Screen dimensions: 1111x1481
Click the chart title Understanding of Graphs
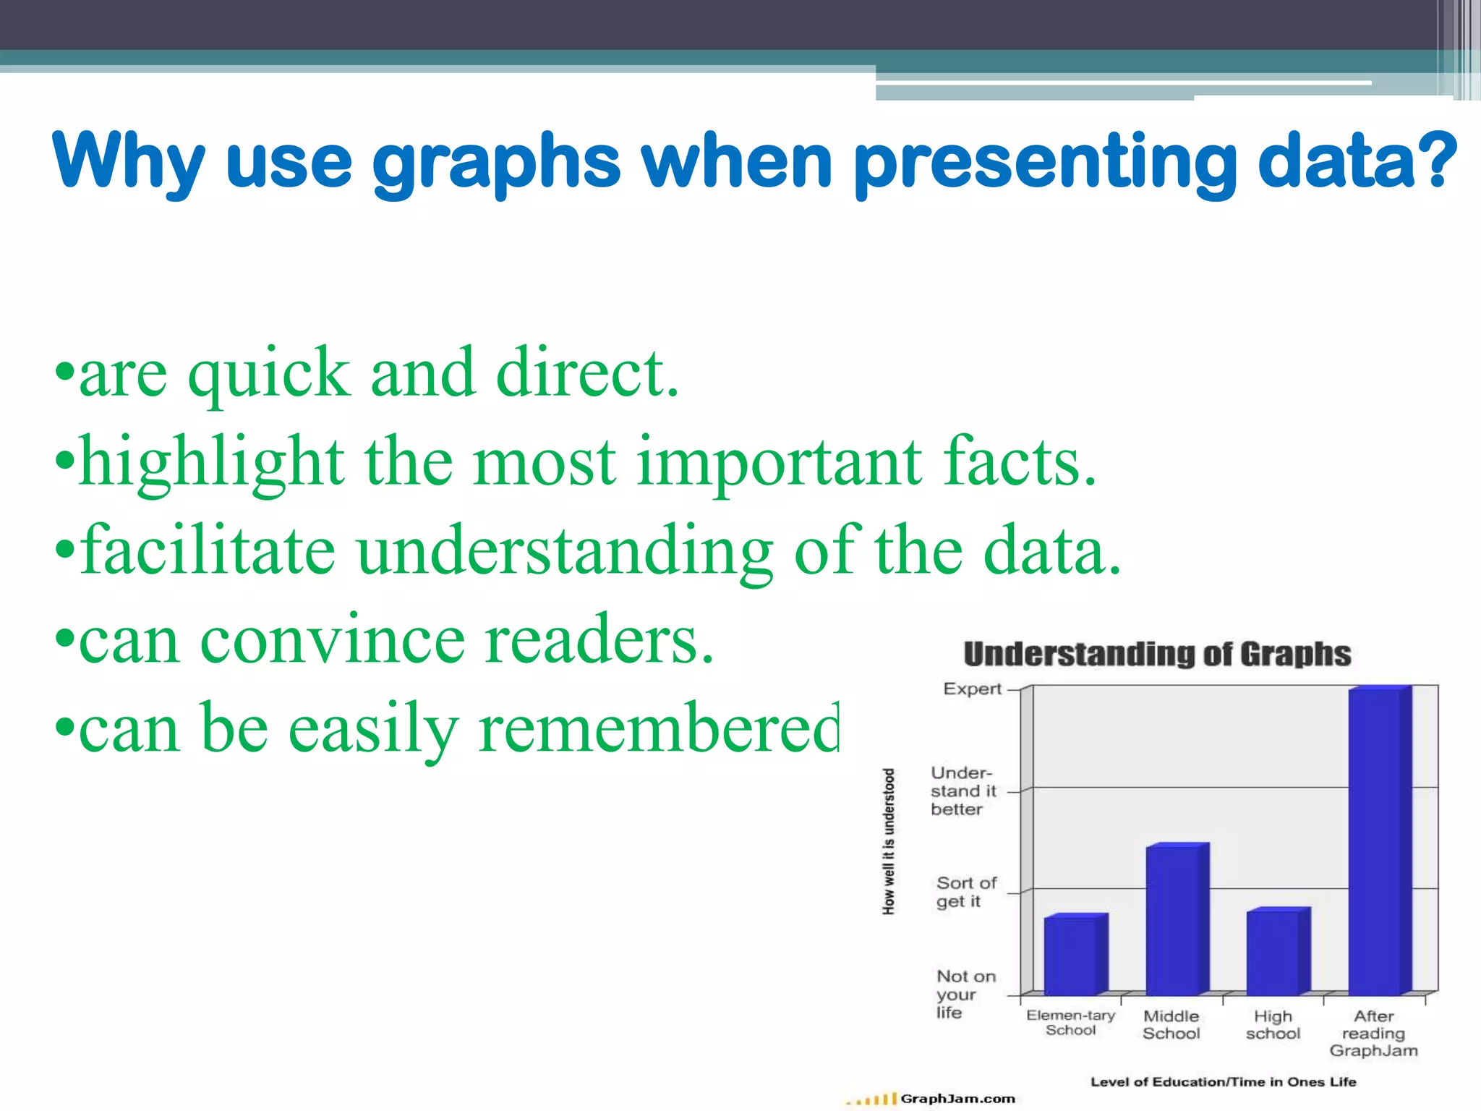coord(1157,654)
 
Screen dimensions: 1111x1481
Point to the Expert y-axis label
coord(972,689)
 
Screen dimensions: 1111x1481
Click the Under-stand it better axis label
coord(963,791)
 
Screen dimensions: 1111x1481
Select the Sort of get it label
coord(965,892)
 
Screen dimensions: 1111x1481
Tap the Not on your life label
coord(965,994)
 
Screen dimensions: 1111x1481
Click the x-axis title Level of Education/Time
coord(1223,1082)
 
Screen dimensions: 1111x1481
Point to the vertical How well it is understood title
coord(889,841)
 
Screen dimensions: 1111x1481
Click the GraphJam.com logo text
coord(957,1099)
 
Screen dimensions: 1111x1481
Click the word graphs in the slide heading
coord(496,162)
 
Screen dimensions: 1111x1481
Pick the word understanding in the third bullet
coord(565,553)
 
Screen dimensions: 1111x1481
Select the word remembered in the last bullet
coord(659,729)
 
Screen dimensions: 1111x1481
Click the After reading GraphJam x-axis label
coord(1373,1033)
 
